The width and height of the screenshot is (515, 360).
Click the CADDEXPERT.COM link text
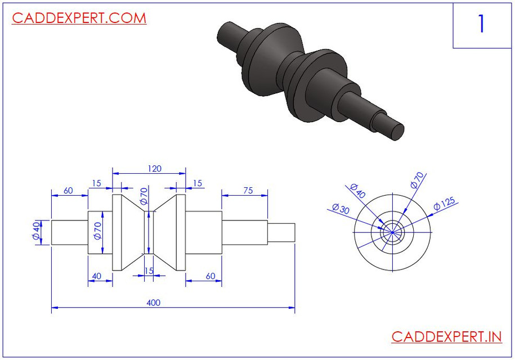click(x=79, y=18)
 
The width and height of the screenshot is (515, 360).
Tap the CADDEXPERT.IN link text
click(x=446, y=337)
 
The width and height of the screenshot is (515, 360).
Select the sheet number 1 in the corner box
click(x=481, y=24)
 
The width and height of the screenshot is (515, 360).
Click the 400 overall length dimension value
click(x=153, y=303)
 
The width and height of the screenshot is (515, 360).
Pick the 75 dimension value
click(x=247, y=191)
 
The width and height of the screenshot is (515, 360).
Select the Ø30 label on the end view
click(x=341, y=208)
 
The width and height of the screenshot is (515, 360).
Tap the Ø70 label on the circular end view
click(x=418, y=180)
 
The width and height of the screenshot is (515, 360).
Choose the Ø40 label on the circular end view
click(x=357, y=191)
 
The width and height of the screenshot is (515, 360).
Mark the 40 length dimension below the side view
click(x=96, y=276)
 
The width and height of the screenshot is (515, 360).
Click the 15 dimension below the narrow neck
click(x=149, y=271)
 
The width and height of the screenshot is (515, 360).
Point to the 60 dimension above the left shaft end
click(x=68, y=191)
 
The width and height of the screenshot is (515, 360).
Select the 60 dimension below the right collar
click(x=210, y=276)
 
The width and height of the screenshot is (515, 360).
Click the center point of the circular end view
click(x=392, y=232)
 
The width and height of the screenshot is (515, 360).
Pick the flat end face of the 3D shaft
click(x=397, y=130)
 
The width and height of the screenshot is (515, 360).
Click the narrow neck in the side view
click(x=149, y=232)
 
